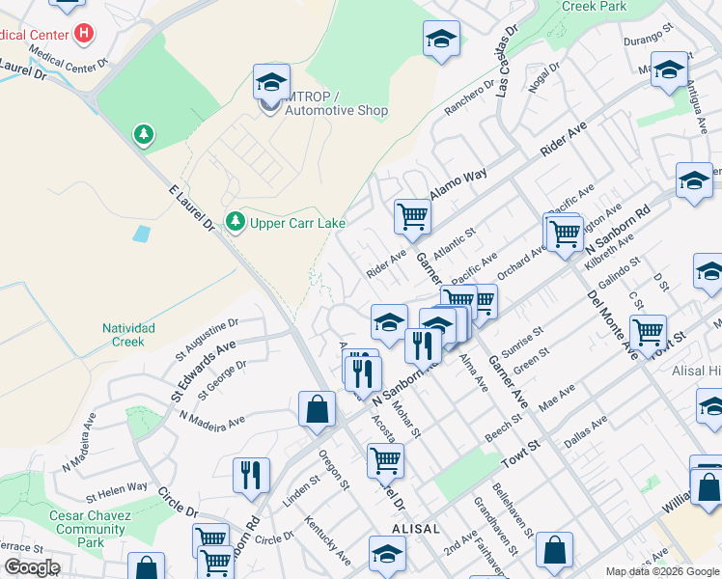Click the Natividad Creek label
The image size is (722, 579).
point(128,335)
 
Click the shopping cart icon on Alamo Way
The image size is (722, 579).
point(412,215)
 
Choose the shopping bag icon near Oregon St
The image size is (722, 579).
point(317,409)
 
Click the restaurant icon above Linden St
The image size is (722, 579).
point(250,474)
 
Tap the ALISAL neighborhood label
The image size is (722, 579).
point(416,530)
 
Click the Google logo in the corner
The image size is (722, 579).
point(32,567)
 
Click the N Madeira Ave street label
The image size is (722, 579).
point(212,422)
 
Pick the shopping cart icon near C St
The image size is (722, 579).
point(648,331)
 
